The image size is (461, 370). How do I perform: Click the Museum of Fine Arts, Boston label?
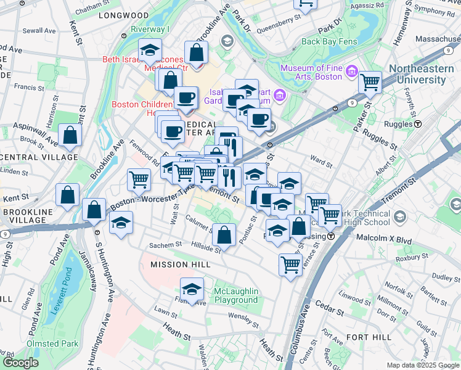[x=311, y=72]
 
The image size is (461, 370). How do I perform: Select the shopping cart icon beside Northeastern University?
[x=370, y=83]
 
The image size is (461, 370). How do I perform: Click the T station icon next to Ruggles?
[x=418, y=123]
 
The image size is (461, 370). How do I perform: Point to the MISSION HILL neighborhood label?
[x=180, y=265]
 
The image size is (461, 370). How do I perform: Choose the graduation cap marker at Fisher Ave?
[x=192, y=290]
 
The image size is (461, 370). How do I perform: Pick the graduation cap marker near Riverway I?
[x=149, y=51]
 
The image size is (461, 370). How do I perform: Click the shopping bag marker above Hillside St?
[x=226, y=235]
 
